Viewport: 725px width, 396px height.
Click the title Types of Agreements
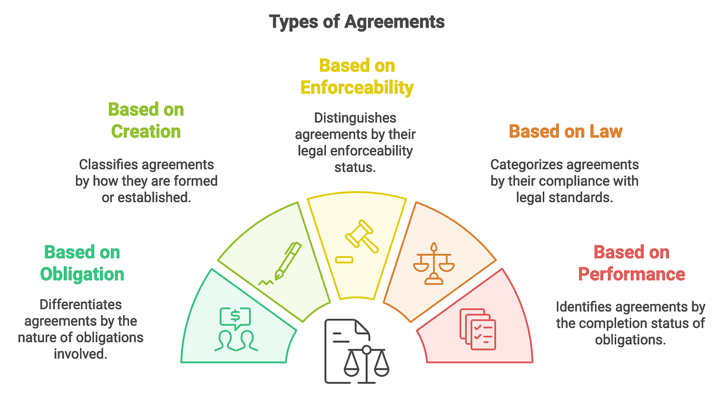pos(357,22)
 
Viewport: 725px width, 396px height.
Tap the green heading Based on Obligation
pos(82,263)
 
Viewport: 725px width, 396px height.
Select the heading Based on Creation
pos(146,120)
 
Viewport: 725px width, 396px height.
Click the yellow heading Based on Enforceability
pos(357,77)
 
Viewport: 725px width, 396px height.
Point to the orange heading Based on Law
pos(565,131)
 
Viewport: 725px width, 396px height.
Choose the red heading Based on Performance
pos(631,263)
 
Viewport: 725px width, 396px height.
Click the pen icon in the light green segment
pos(282,263)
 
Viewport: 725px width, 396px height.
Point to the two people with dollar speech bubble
pos(235,329)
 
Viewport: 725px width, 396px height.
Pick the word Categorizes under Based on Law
pos(525,165)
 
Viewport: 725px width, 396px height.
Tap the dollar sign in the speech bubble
pos(235,314)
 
